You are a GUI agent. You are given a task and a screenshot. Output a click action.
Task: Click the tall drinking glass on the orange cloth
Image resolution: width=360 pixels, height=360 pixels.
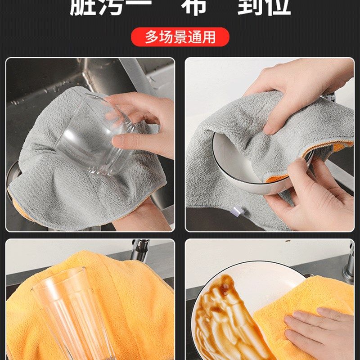72,315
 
